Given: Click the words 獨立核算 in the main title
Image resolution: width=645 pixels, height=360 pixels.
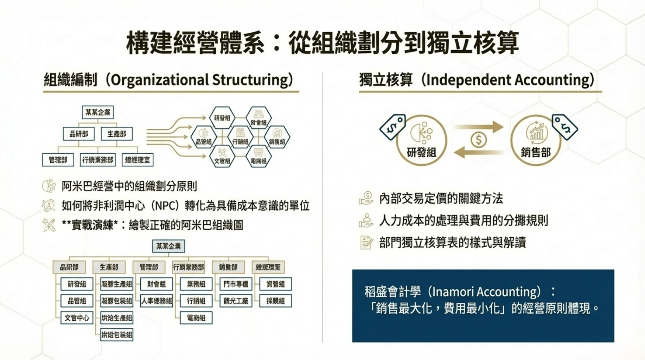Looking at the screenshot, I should (473, 43).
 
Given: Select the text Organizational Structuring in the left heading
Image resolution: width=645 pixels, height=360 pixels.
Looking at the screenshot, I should (202, 80).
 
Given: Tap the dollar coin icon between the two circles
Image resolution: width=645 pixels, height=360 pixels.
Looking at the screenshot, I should (478, 140).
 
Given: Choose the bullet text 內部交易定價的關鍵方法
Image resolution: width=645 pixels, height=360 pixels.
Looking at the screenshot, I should (441, 199).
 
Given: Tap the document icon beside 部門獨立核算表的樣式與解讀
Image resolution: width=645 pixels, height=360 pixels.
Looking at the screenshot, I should (366, 243).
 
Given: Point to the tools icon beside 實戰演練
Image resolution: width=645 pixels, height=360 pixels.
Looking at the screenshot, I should (49, 225).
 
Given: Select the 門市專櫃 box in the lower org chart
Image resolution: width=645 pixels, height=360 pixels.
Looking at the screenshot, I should (236, 284).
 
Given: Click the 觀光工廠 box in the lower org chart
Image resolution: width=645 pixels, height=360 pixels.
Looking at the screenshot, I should (236, 301).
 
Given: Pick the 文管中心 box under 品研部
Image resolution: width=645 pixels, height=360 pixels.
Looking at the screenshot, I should (77, 318).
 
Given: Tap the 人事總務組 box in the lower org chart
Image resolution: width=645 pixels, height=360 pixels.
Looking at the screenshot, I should (157, 301).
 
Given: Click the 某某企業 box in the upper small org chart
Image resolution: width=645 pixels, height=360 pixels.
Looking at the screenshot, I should (98, 112).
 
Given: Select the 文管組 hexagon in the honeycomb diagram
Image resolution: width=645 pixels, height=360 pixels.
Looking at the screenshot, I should (222, 157).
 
